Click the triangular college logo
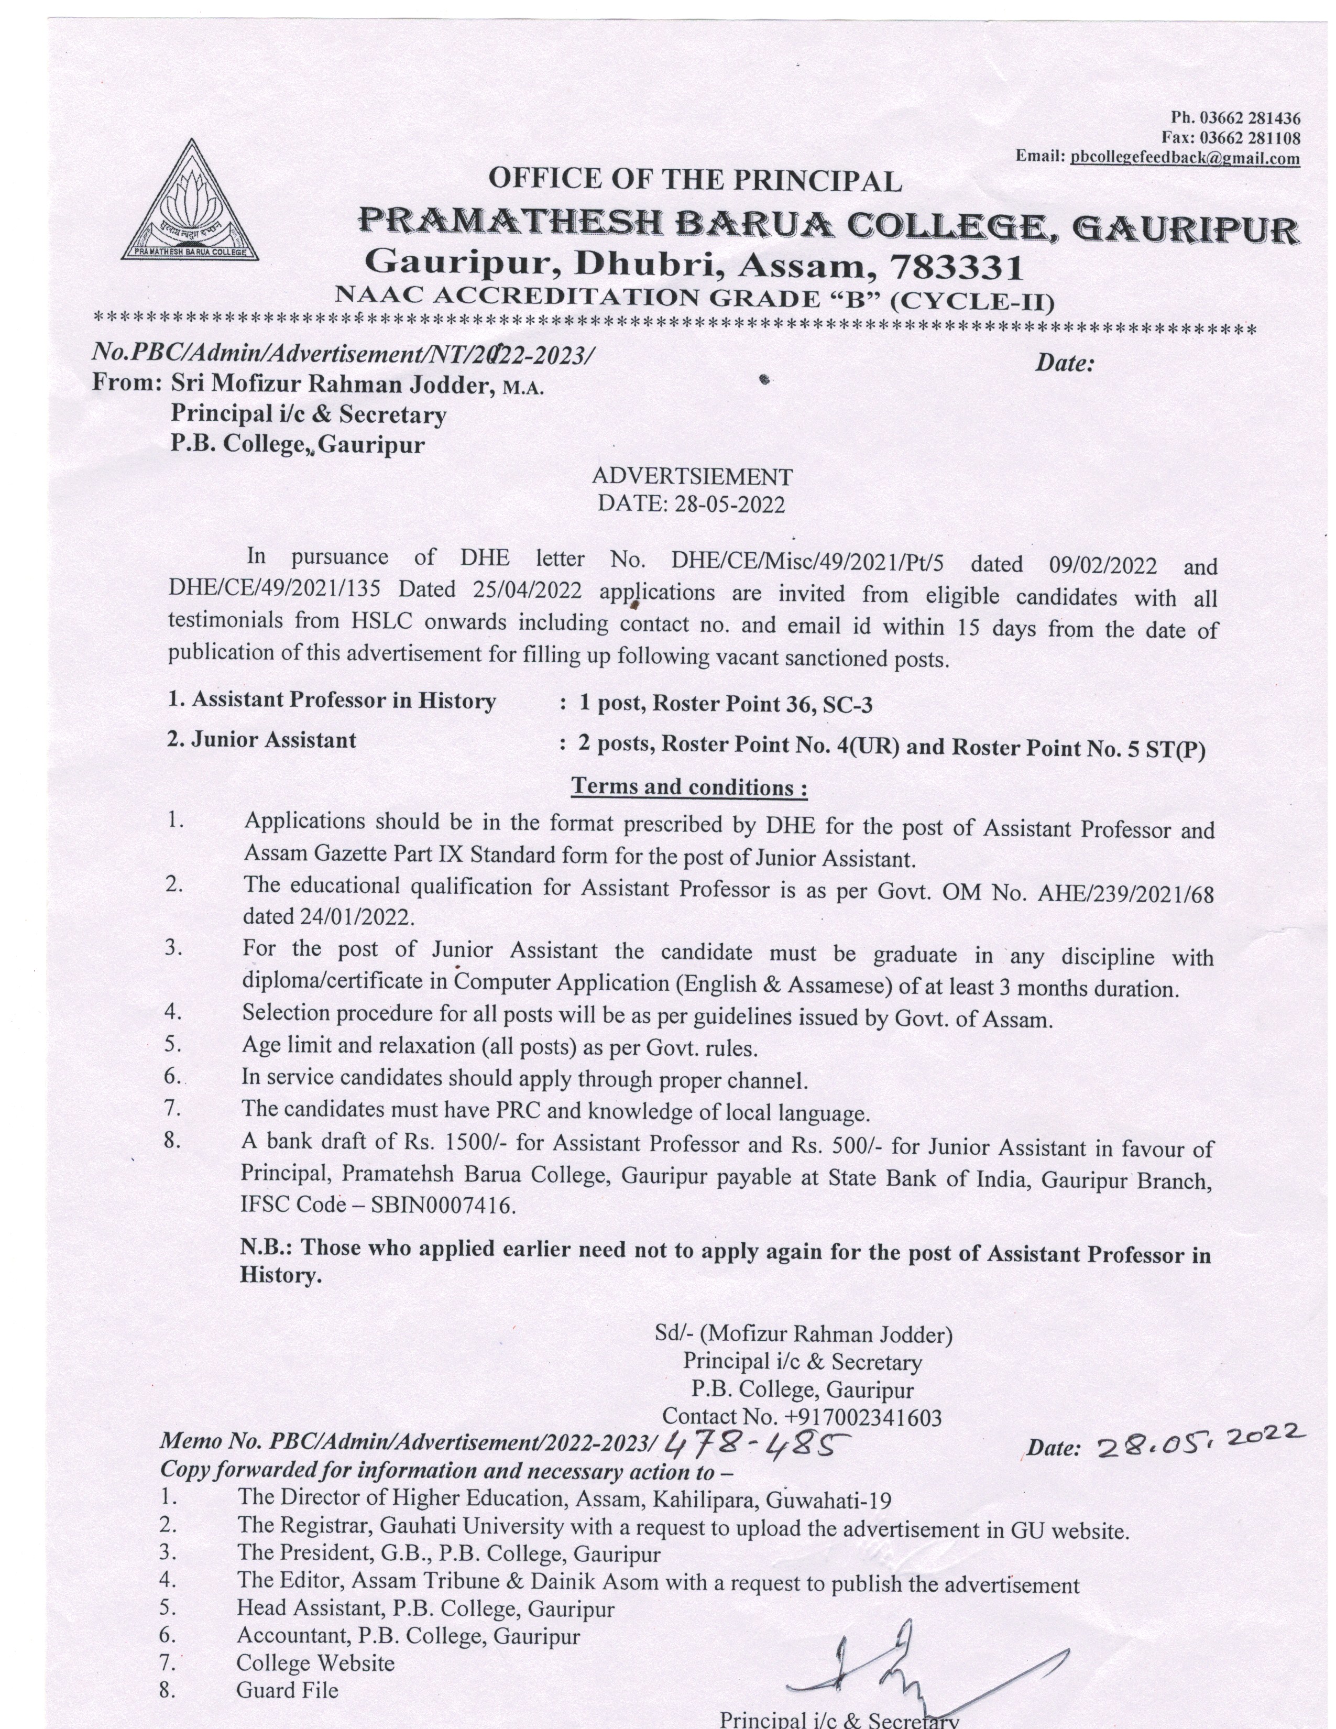coord(189,204)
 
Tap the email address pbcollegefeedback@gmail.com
coord(1184,158)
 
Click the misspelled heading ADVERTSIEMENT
coord(692,477)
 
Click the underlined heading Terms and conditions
coord(688,787)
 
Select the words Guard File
coord(287,1690)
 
